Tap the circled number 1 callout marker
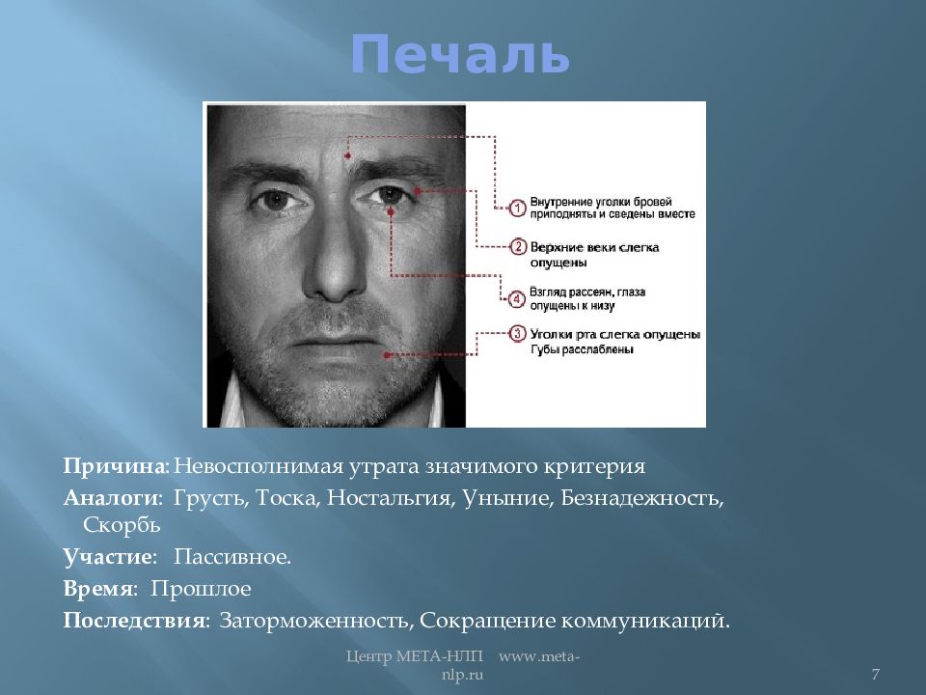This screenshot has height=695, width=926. point(518,208)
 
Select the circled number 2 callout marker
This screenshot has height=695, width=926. point(518,248)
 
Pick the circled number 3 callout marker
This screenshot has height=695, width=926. point(518,335)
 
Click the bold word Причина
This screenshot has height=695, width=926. point(116,467)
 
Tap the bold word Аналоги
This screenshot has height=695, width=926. point(111,499)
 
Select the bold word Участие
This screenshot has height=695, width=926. point(108,557)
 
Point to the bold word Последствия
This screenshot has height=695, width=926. point(135,619)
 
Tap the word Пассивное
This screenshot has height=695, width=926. point(231,557)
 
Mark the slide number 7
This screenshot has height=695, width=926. point(875,673)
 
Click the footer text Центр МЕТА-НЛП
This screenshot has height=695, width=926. point(416,657)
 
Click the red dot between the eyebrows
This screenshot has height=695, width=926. point(348,154)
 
